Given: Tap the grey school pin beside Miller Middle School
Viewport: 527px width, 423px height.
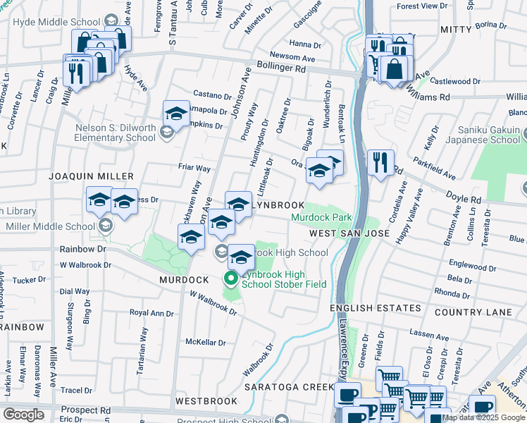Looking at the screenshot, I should click(x=106, y=226).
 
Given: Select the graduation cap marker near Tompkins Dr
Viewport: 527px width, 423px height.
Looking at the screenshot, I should click(x=177, y=113).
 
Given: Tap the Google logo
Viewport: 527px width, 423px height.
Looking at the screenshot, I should click(x=23, y=415).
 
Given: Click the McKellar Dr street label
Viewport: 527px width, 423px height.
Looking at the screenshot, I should click(x=205, y=343).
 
